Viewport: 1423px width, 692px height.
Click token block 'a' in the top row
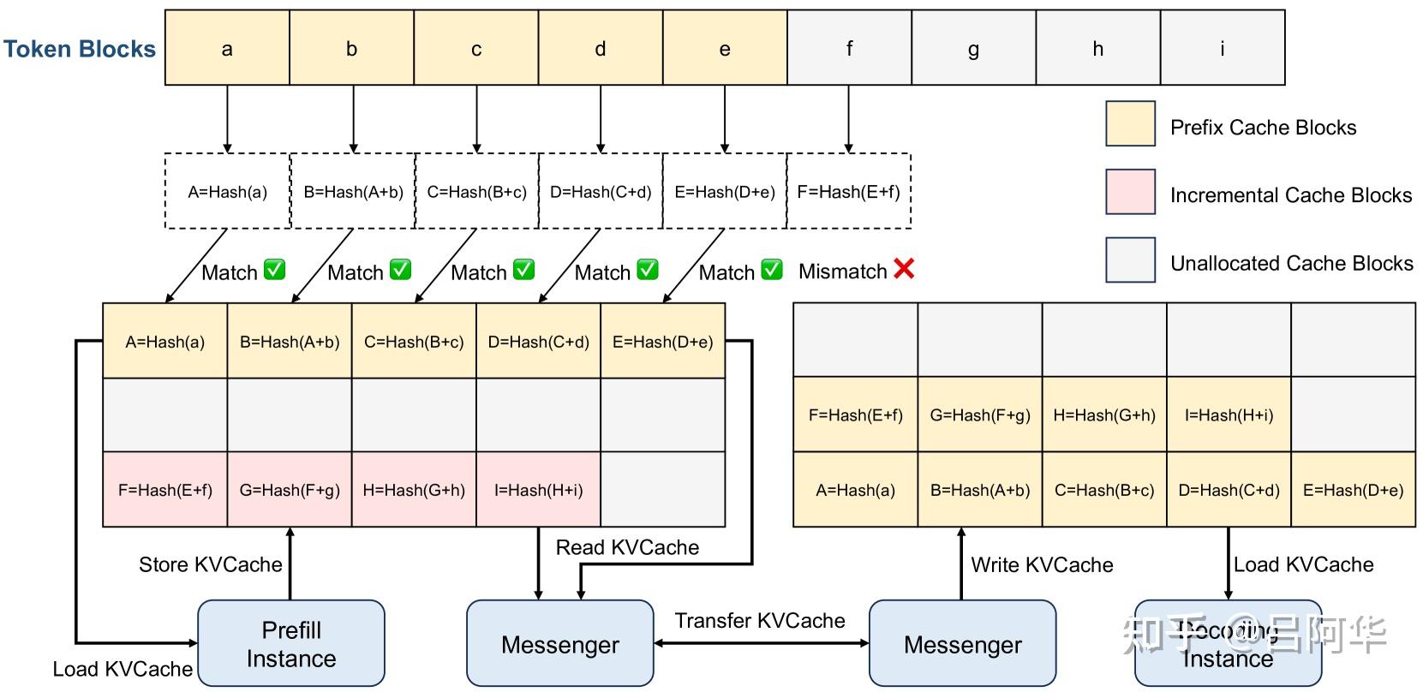pyautogui.click(x=227, y=48)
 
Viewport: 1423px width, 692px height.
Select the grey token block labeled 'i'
pyautogui.click(x=1222, y=48)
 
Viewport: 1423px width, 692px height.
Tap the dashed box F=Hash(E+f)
pyautogui.click(x=848, y=191)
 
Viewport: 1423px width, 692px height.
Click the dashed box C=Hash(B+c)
pyautogui.click(x=476, y=191)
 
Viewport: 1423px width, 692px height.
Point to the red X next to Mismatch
pyautogui.click(x=904, y=269)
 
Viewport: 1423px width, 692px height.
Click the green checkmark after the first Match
pyautogui.click(x=274, y=270)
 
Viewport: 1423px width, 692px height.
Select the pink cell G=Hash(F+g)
pyautogui.click(x=290, y=490)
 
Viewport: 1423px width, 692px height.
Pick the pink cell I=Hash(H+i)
pyautogui.click(x=538, y=490)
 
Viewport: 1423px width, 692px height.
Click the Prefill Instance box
pyautogui.click(x=291, y=643)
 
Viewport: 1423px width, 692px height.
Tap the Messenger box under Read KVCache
pyautogui.click(x=559, y=643)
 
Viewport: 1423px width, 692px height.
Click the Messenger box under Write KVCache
pyautogui.click(x=962, y=643)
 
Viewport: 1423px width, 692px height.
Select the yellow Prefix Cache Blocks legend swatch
pyautogui.click(x=1130, y=123)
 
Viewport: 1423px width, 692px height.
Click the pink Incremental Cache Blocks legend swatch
pyautogui.click(x=1130, y=192)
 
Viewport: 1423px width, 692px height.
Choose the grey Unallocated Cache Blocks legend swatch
pyautogui.click(x=1130, y=260)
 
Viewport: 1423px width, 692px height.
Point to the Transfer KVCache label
pyautogui.click(x=759, y=621)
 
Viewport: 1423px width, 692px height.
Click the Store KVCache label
pyautogui.click(x=211, y=564)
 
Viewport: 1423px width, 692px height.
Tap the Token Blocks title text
pyautogui.click(x=79, y=49)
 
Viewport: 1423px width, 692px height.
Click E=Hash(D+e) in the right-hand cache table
pyautogui.click(x=1353, y=490)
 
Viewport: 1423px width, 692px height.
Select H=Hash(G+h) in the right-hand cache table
pyautogui.click(x=1104, y=415)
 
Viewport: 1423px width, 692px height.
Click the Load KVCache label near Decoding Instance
pyautogui.click(x=1303, y=564)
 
